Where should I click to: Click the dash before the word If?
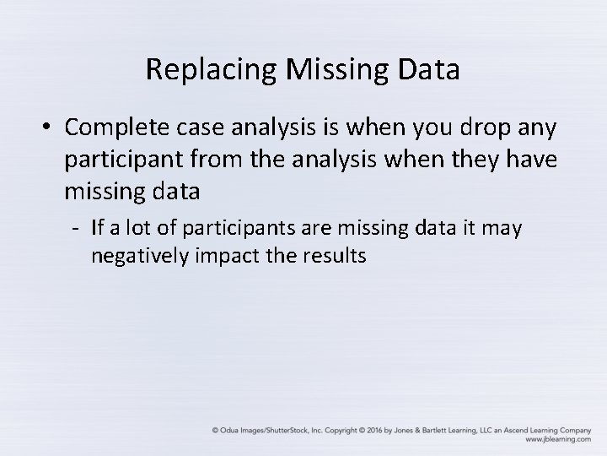(x=75, y=228)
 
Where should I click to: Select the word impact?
(x=223, y=256)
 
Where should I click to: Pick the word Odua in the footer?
(x=231, y=429)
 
